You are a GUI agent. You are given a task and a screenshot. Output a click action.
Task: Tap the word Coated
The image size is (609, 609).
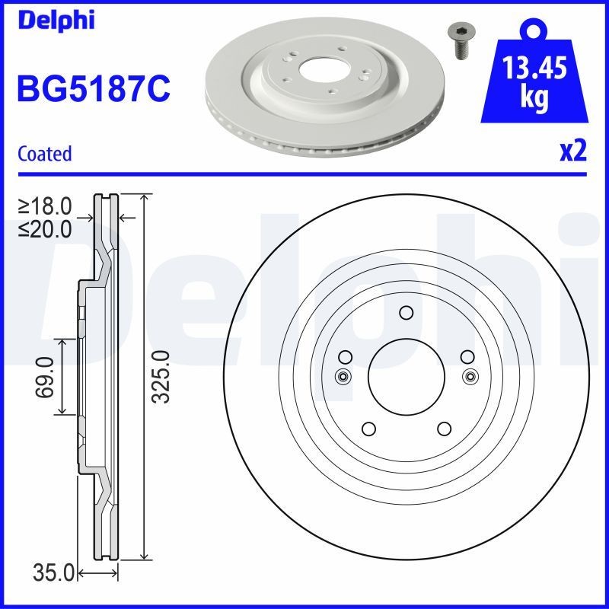(x=44, y=154)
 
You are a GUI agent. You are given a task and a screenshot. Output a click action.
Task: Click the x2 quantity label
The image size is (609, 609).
(x=572, y=152)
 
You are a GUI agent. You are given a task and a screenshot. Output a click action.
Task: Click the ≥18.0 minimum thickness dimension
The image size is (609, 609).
(x=45, y=206)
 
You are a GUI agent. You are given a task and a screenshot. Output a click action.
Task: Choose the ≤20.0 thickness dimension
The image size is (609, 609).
(x=45, y=228)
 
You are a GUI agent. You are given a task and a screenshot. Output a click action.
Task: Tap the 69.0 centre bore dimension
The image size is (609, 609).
(x=45, y=377)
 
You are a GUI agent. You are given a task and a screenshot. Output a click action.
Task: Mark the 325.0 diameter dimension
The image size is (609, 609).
(x=159, y=377)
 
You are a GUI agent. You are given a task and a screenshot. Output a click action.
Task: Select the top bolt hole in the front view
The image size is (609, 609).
(x=406, y=312)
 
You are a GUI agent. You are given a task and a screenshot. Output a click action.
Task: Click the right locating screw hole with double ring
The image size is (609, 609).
(x=470, y=375)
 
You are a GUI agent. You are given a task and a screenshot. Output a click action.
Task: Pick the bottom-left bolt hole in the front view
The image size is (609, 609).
(x=368, y=428)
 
